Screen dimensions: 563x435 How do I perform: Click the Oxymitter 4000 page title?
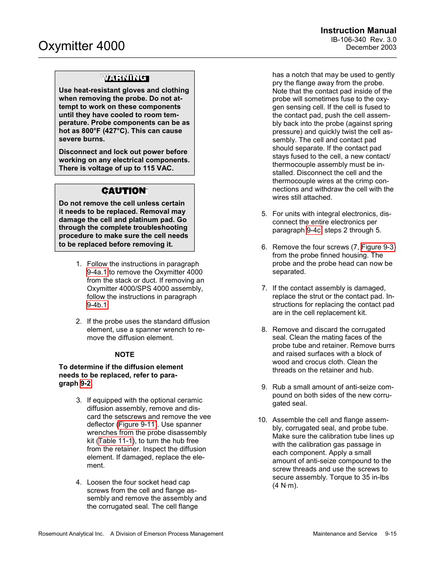82,46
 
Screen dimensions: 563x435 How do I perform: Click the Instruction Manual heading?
358,31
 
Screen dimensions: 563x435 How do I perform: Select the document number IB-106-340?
348,40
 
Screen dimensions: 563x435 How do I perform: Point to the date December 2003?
371,47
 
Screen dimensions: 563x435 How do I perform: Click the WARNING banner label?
124,78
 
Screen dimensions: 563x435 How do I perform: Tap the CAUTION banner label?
124,191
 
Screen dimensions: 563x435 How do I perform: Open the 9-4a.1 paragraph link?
97,272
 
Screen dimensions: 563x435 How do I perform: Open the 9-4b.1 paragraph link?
97,305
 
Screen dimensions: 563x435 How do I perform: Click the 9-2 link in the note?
86,383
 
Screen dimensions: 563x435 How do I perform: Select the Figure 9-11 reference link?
137,424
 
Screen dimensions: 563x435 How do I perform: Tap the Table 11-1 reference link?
115,441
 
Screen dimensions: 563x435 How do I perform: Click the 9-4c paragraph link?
314,230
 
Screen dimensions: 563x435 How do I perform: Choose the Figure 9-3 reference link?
378,247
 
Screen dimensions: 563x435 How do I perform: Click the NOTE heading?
124,355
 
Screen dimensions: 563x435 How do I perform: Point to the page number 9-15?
390,534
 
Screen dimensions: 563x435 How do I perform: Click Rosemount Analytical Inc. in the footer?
71,534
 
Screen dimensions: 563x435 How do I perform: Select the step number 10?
262,420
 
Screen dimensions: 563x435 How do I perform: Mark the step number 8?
264,330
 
